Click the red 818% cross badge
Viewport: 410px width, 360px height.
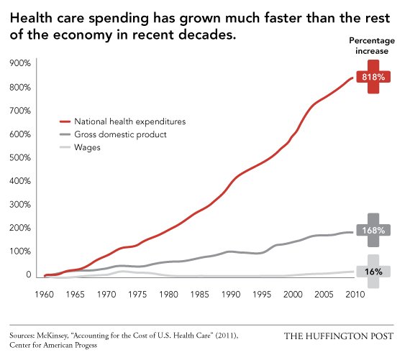point(373,76)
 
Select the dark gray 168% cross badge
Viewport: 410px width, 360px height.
point(373,231)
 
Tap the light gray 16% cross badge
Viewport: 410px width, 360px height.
point(373,272)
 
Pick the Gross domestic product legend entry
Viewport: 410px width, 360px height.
point(120,134)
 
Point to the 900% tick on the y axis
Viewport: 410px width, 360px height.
point(19,64)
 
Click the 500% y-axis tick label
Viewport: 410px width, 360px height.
point(19,158)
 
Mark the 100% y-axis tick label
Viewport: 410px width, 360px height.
point(19,251)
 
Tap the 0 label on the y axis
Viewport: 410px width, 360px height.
point(28,274)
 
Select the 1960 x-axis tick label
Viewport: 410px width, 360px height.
point(45,294)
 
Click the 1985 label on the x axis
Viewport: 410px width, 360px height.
point(199,294)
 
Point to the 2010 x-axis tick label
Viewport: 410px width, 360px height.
point(354,294)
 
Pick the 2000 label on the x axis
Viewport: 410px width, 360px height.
point(292,294)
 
